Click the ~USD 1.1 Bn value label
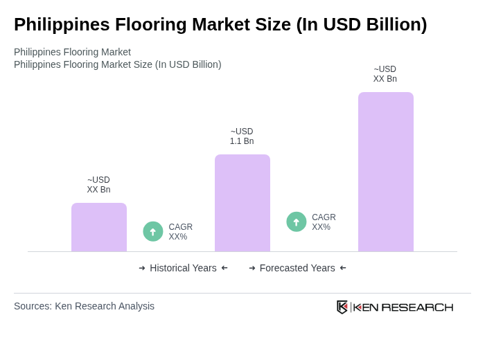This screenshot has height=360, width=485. tap(242, 136)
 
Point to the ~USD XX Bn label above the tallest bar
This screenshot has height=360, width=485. tap(385, 74)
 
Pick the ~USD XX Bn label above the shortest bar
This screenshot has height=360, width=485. tap(98, 185)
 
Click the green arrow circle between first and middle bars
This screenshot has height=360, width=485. tap(153, 231)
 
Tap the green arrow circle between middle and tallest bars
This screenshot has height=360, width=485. tap(297, 222)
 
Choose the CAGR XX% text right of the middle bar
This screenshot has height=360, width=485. tap(324, 222)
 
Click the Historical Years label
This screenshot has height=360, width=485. tap(183, 268)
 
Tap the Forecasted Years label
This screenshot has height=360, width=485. tap(297, 268)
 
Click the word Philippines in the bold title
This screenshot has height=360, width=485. tap(62, 24)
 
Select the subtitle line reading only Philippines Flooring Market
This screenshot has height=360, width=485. tap(72, 52)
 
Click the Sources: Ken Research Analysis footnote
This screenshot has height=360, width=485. tap(84, 306)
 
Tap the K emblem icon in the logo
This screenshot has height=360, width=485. tap(342, 307)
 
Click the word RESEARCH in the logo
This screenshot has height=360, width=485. tap(417, 307)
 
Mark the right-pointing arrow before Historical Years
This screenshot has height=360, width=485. tap(142, 268)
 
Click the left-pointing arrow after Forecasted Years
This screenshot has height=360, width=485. tap(343, 268)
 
